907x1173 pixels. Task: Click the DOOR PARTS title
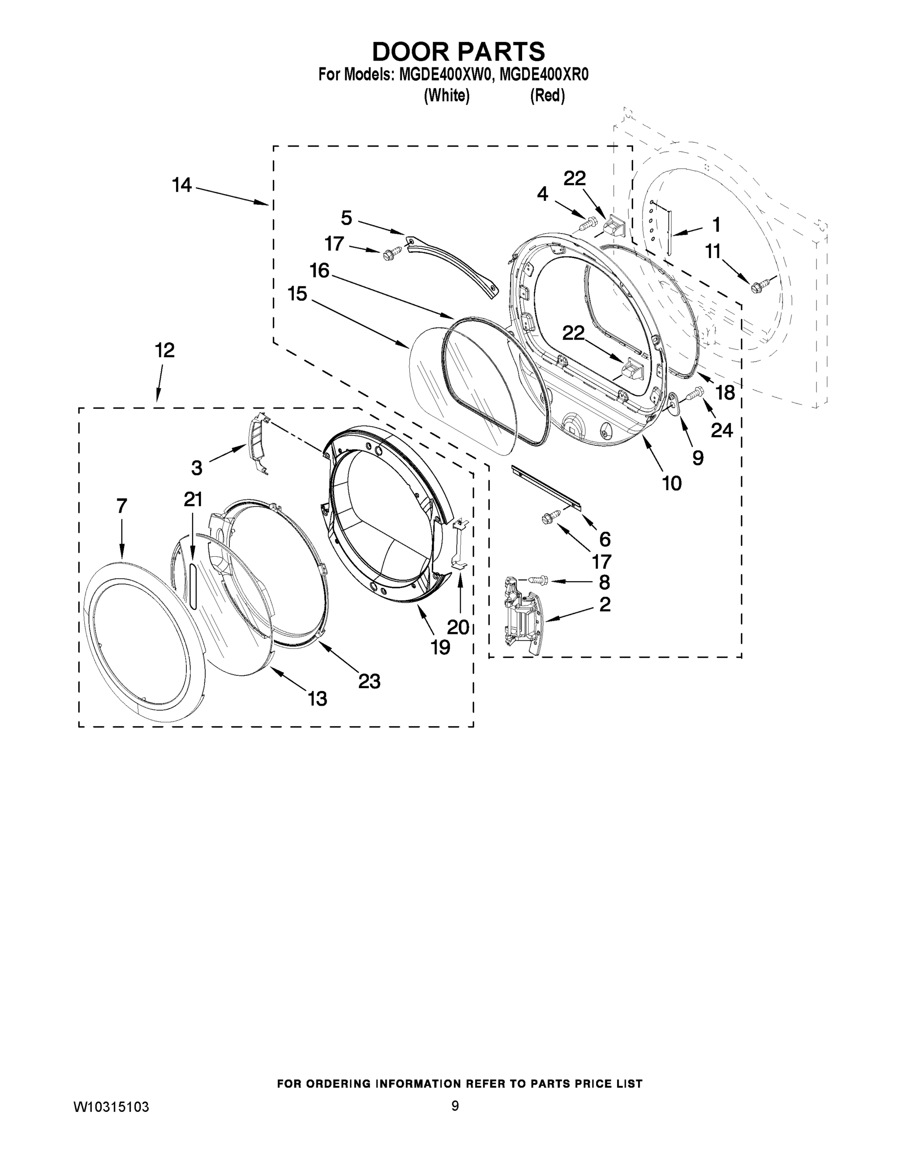pos(458,51)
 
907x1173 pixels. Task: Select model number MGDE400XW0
pos(444,75)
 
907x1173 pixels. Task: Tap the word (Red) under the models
pos(547,96)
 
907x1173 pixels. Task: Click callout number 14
pos(181,185)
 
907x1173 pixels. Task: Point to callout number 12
pos(164,351)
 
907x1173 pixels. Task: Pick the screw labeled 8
pos(538,580)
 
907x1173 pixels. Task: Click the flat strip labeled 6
pos(547,488)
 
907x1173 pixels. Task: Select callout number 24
pos(722,430)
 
